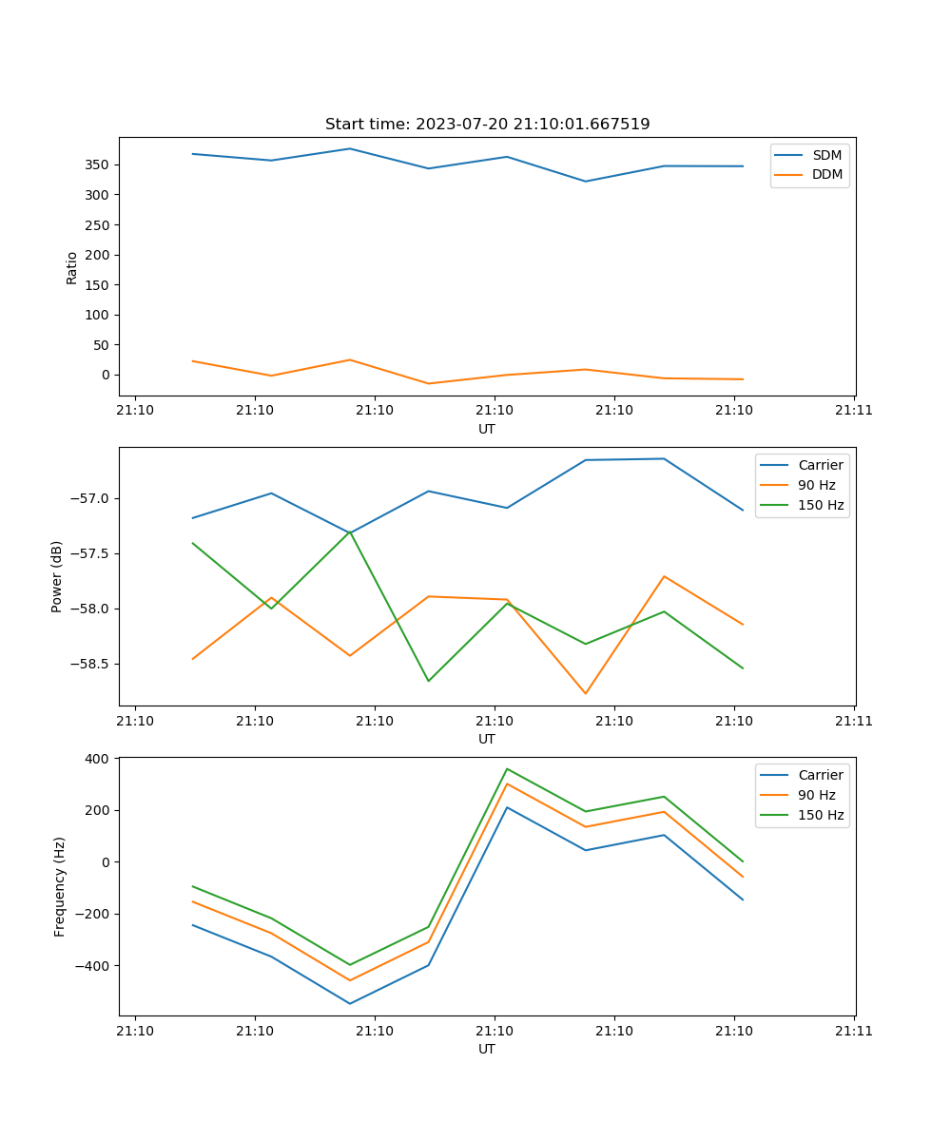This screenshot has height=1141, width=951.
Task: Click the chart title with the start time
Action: [487, 125]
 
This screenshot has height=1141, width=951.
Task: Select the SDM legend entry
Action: [826, 155]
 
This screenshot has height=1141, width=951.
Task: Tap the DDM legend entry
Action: [826, 174]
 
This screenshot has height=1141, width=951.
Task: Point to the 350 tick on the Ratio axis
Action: [99, 164]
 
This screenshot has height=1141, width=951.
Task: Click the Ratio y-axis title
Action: [72, 267]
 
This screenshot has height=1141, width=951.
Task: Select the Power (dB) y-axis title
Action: [57, 576]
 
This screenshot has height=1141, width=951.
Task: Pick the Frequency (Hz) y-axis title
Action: [60, 886]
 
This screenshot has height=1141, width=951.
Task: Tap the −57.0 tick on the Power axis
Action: [90, 498]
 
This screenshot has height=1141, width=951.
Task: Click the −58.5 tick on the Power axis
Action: [90, 664]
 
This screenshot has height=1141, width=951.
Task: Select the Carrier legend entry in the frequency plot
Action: [820, 775]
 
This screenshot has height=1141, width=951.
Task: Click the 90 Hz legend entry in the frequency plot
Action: [816, 795]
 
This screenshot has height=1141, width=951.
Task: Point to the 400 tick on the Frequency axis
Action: [99, 759]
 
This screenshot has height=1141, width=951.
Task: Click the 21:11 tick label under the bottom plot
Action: [853, 1031]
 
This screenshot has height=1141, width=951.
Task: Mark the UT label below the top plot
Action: [487, 429]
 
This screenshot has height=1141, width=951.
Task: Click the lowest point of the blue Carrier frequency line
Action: [350, 1003]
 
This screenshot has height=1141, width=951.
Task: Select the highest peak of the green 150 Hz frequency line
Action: [507, 768]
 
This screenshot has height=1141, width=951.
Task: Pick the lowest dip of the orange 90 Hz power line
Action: [585, 693]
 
